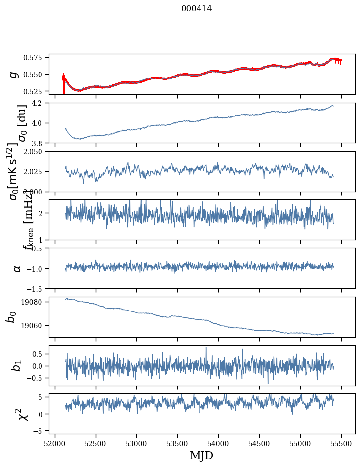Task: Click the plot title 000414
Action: click(x=197, y=8)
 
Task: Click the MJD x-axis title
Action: click(x=201, y=456)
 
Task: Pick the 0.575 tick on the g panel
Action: click(x=36, y=57)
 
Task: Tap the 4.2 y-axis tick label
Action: click(x=40, y=103)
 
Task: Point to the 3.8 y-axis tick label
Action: click(x=40, y=143)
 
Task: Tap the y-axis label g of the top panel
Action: click(x=14, y=74)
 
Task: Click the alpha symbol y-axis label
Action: click(x=17, y=268)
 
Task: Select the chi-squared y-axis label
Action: click(x=22, y=414)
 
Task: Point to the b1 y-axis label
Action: click(x=17, y=366)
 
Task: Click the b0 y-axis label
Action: click(x=12, y=316)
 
